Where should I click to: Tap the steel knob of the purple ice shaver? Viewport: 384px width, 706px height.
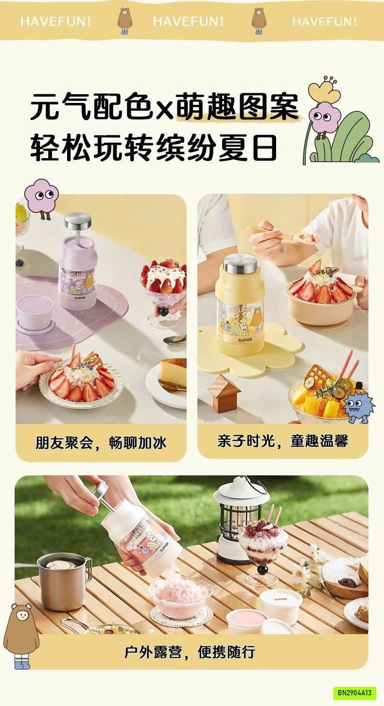[78, 220]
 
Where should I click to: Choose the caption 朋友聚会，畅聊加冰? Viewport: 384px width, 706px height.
[101, 442]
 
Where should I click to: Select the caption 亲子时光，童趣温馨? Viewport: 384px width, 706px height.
[283, 441]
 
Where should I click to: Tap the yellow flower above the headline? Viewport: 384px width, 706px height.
[324, 90]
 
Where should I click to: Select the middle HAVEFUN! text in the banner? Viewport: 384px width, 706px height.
[189, 21]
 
